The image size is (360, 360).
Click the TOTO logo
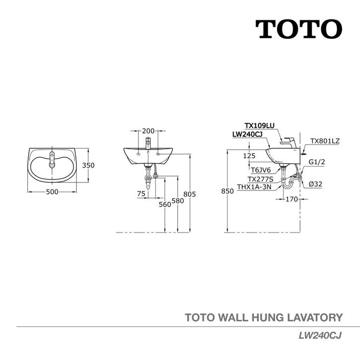299,29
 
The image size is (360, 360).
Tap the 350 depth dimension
88,166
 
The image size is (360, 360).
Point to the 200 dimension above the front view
148,131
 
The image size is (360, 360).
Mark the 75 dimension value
141,194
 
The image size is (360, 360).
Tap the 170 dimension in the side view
292,200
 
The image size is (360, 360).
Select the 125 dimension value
249,155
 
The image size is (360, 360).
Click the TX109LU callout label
259,126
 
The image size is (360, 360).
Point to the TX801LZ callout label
325,141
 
